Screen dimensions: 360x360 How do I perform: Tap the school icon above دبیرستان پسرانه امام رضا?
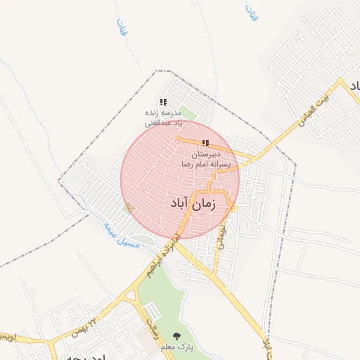(x=205, y=143)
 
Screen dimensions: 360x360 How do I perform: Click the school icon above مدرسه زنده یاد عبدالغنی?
(x=163, y=102)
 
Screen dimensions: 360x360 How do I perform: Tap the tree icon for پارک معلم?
(x=176, y=337)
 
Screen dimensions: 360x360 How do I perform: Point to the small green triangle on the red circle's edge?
(x=128, y=208)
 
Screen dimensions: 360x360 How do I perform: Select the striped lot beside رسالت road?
(x=151, y=310)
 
